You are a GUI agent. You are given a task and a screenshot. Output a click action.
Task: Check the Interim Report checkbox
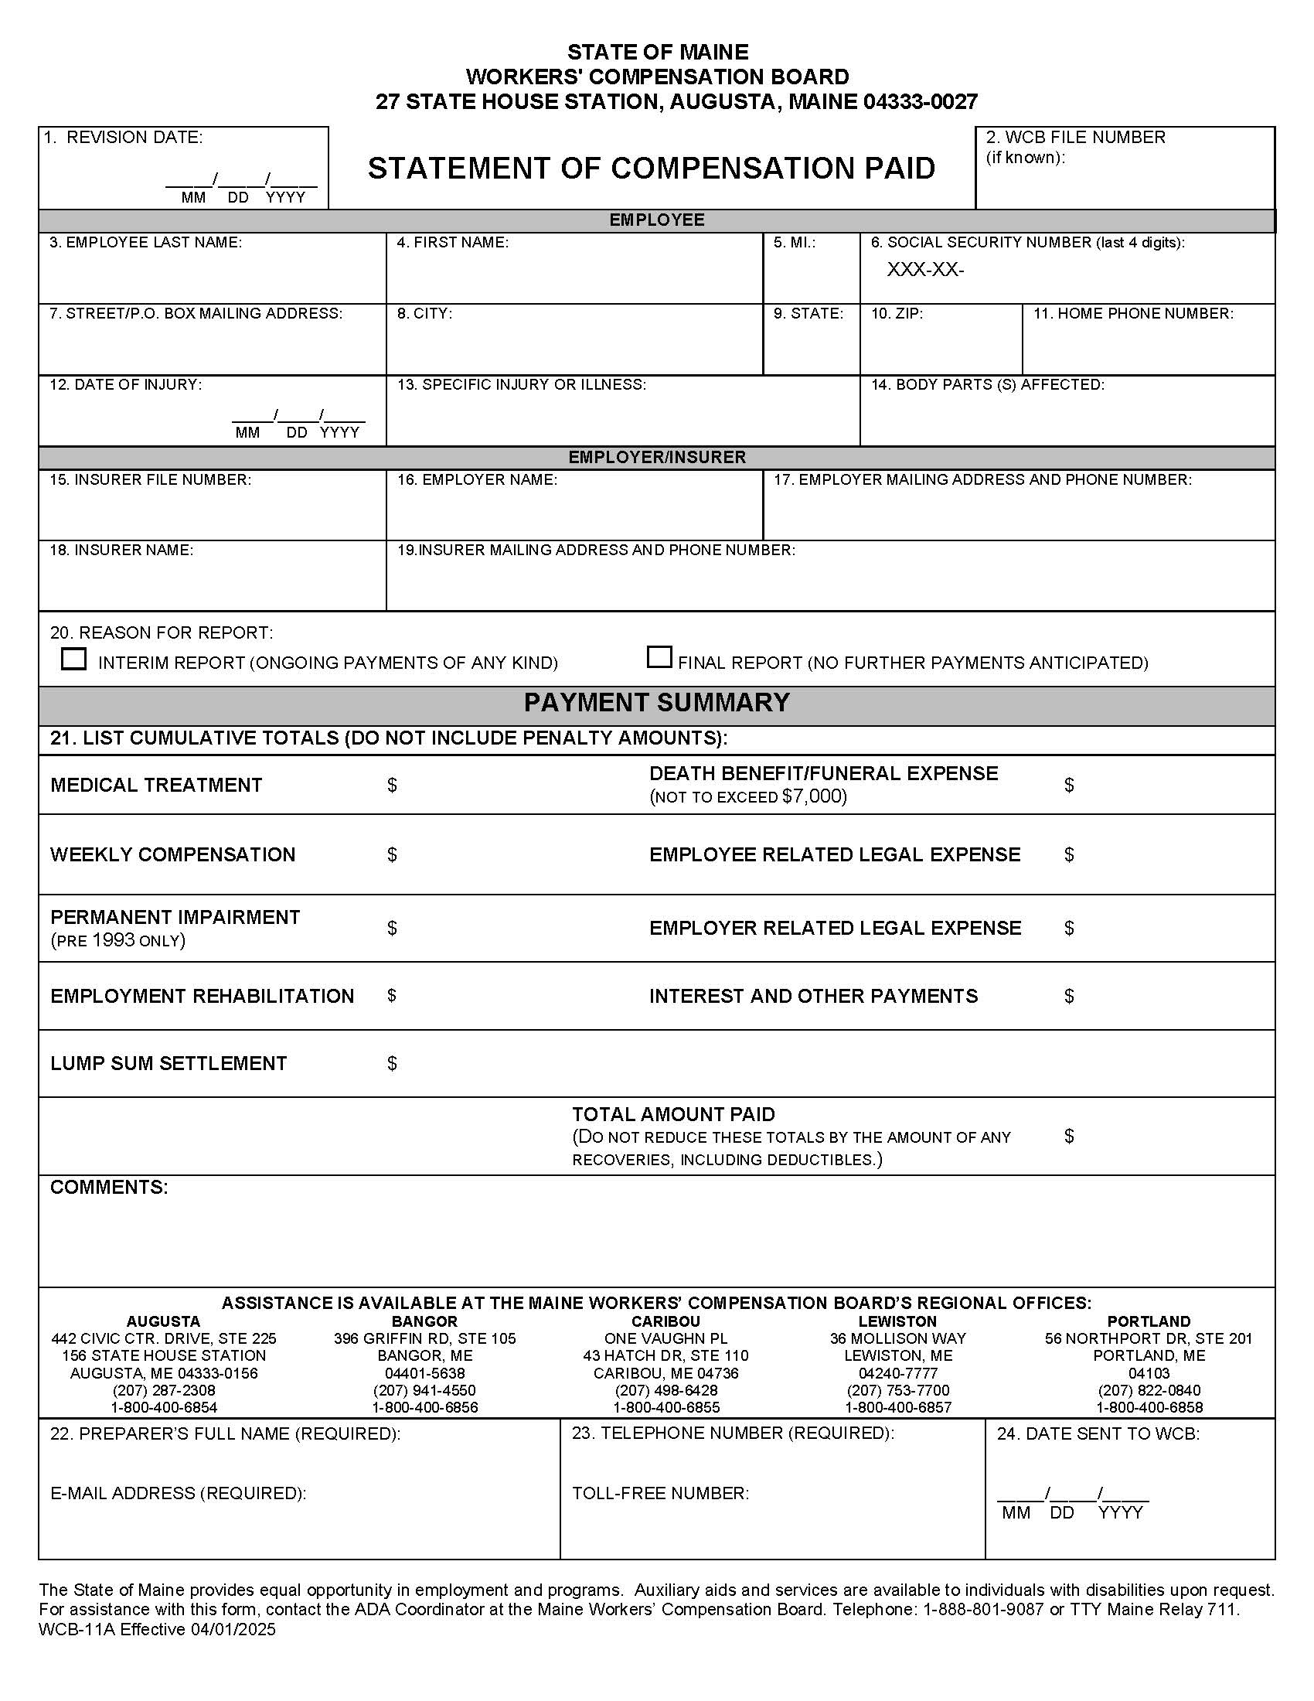pos(74,659)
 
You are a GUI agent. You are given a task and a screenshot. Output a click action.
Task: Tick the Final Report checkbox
pos(659,657)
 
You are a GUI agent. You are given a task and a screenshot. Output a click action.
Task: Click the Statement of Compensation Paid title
pos(651,169)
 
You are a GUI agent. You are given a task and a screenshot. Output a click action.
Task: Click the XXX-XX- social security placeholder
pos(924,271)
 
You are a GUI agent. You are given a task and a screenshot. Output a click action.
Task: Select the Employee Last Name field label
pos(145,242)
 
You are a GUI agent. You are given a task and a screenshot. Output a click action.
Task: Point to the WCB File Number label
pos(1075,138)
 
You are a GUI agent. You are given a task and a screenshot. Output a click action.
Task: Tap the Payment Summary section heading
pos(656,703)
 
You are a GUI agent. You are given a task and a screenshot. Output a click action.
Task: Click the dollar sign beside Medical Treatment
pos(392,785)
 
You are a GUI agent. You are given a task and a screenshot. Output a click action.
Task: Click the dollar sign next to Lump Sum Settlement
pos(392,1063)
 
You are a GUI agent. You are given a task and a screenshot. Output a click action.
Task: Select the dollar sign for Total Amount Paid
pos(1069,1137)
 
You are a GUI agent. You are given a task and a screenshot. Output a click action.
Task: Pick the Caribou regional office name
pos(666,1321)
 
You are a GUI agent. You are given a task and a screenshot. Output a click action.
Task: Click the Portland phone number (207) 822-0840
pos(1149,1390)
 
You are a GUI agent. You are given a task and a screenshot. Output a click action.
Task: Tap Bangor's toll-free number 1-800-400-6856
pos(424,1407)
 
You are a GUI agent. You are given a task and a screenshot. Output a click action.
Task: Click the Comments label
pos(109,1187)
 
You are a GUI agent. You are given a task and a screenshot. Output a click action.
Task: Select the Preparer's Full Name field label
pos(225,1433)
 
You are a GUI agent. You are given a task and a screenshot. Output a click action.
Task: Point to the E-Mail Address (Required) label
pos(179,1493)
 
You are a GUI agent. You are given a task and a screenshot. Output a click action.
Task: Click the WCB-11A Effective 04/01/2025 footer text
pos(156,1629)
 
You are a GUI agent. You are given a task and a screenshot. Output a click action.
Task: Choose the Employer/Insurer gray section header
pos(656,457)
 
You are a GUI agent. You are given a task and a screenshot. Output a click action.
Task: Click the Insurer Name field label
pos(121,550)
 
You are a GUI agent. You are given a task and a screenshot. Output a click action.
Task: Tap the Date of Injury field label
pos(125,384)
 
